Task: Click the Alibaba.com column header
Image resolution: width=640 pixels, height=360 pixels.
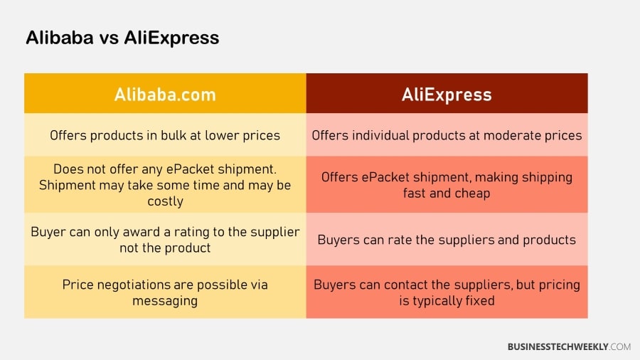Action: pos(165,94)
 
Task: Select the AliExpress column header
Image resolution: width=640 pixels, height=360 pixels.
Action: pos(447,94)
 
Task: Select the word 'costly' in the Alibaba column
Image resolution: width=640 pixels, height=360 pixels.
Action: pos(165,201)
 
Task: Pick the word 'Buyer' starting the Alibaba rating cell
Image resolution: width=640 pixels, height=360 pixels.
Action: pos(48,232)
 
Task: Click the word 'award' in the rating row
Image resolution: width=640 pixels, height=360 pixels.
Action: pos(142,232)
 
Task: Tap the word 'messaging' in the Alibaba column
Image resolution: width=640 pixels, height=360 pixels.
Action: pos(165,300)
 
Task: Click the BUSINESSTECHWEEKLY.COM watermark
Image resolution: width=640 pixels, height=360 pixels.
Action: pos(569,346)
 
